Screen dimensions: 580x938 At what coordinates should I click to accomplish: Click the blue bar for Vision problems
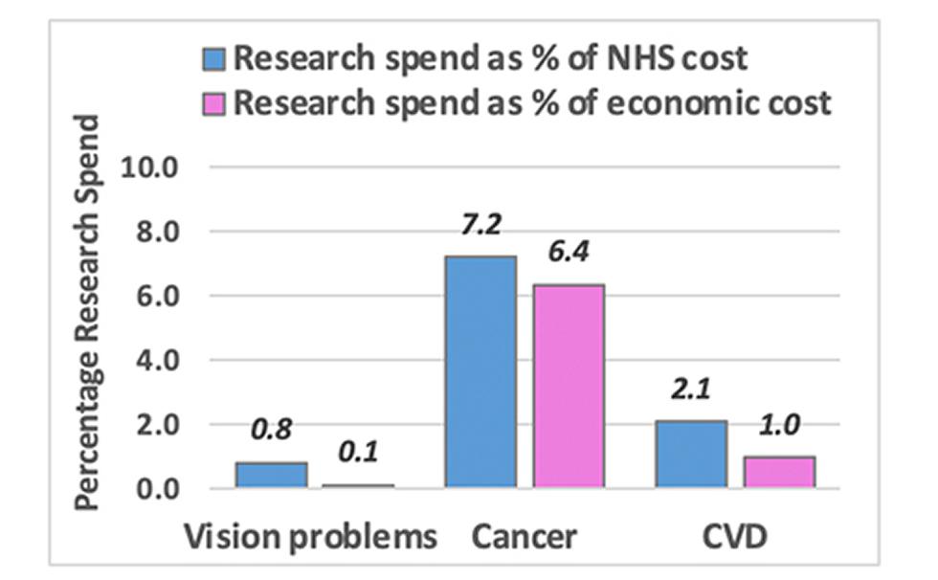coord(271,476)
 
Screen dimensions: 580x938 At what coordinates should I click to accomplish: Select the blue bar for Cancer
coord(480,372)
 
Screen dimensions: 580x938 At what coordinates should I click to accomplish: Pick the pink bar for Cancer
coord(569,387)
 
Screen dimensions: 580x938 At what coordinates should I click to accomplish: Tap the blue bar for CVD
coord(691,455)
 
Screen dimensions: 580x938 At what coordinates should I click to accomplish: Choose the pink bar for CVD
coord(779,472)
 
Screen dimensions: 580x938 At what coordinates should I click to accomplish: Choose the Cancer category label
coord(525,537)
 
